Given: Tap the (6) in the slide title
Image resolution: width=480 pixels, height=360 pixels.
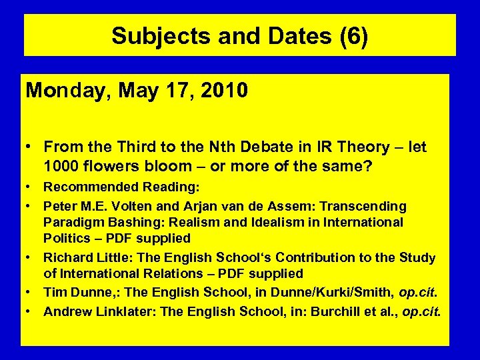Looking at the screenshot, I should tap(353, 36).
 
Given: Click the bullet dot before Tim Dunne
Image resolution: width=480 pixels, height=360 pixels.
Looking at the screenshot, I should tap(31, 292).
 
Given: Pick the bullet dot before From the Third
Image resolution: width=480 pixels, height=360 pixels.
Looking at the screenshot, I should tap(31, 147).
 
